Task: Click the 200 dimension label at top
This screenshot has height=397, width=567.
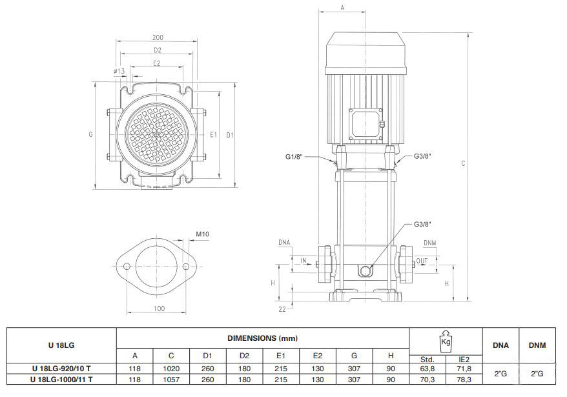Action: [158, 37]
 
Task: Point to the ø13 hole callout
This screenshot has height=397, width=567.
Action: [119, 71]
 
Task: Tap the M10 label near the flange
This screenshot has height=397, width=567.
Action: [203, 234]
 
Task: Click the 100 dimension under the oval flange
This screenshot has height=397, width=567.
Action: [159, 309]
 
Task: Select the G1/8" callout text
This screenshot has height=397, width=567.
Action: [294, 157]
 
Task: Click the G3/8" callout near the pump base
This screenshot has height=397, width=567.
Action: [422, 224]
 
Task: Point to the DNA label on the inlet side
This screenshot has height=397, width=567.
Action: [284, 242]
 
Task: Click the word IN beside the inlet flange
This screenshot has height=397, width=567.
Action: [304, 260]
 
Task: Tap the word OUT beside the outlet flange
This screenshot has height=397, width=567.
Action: [422, 261]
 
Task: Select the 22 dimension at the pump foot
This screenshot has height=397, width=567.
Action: [282, 309]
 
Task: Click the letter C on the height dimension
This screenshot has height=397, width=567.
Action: [463, 163]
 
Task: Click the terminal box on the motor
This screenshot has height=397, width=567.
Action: [366, 124]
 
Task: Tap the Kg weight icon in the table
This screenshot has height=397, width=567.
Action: [446, 341]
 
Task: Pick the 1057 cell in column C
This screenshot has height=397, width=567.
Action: [171, 380]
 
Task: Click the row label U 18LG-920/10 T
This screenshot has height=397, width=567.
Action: [61, 369]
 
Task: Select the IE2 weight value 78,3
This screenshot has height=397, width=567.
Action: [464, 380]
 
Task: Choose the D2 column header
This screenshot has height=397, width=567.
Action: [244, 356]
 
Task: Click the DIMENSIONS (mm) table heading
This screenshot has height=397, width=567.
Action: [263, 338]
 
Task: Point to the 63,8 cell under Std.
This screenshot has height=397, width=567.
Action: [428, 369]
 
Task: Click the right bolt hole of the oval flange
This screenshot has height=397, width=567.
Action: [186, 267]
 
